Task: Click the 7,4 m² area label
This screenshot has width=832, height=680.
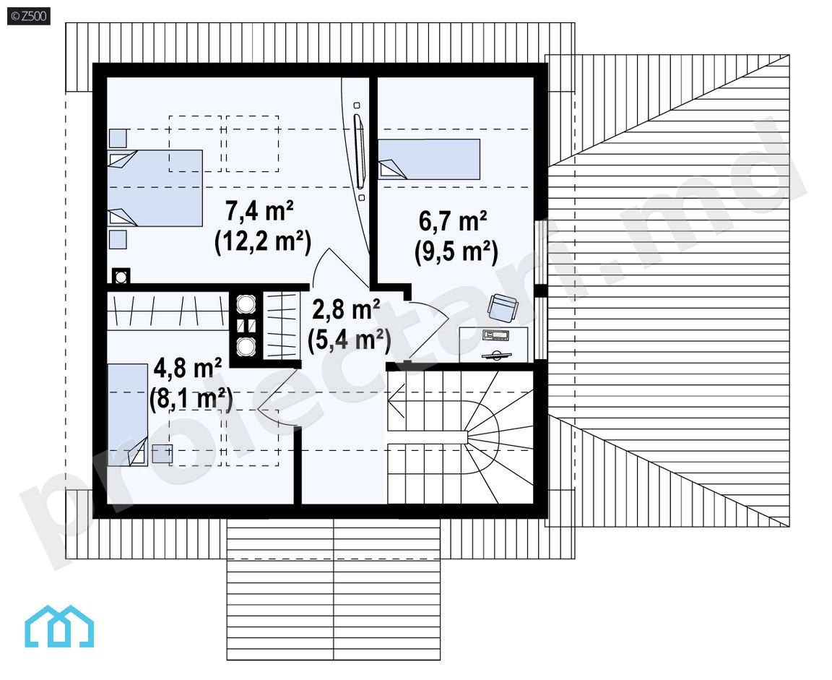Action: [x=260, y=211]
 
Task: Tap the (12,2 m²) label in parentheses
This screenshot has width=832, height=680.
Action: [x=263, y=243]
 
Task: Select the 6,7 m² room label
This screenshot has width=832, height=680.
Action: [x=453, y=221]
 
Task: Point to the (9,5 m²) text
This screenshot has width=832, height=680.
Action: [x=456, y=251]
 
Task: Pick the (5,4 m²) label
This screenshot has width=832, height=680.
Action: [x=349, y=340]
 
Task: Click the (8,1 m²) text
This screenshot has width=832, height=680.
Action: [x=191, y=399]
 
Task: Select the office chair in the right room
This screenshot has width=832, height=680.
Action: [x=502, y=308]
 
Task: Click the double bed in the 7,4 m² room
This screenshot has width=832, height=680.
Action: [x=155, y=188]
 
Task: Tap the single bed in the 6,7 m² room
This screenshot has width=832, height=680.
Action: [x=429, y=159]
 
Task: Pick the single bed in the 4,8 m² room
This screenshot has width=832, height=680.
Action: [x=127, y=415]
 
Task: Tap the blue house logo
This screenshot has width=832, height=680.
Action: [x=59, y=627]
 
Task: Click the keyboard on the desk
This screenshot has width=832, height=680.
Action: [x=496, y=335]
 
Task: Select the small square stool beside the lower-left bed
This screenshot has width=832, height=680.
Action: [x=162, y=453]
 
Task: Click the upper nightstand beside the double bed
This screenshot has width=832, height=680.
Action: [x=118, y=138]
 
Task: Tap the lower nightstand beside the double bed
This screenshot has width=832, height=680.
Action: [x=118, y=239]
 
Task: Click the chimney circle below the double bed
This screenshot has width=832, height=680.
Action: [x=121, y=277]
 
